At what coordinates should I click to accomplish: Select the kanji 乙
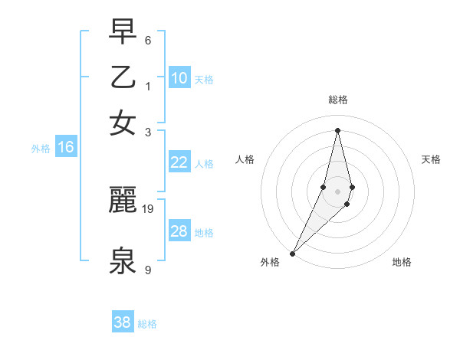coord(123,77)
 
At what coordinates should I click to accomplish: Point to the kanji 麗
coord(123,201)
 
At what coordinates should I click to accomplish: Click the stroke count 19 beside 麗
coord(149,208)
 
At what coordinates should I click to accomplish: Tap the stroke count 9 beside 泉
coord(148,270)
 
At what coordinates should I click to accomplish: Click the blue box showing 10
coord(179,78)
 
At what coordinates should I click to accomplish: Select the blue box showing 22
coord(179,162)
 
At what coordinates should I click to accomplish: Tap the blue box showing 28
coord(179,231)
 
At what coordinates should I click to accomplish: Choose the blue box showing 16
coord(66,148)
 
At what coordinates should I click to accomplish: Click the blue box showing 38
coord(123,322)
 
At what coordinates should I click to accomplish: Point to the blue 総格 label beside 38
coord(147,324)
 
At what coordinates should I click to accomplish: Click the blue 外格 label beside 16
coord(41,149)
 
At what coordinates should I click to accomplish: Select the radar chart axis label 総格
coord(337,100)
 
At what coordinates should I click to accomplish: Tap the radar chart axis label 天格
coord(431,159)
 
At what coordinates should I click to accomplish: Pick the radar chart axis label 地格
coord(402,262)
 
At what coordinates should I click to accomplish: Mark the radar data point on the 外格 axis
coord(293,253)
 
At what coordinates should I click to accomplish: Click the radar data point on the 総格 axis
coord(337,130)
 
